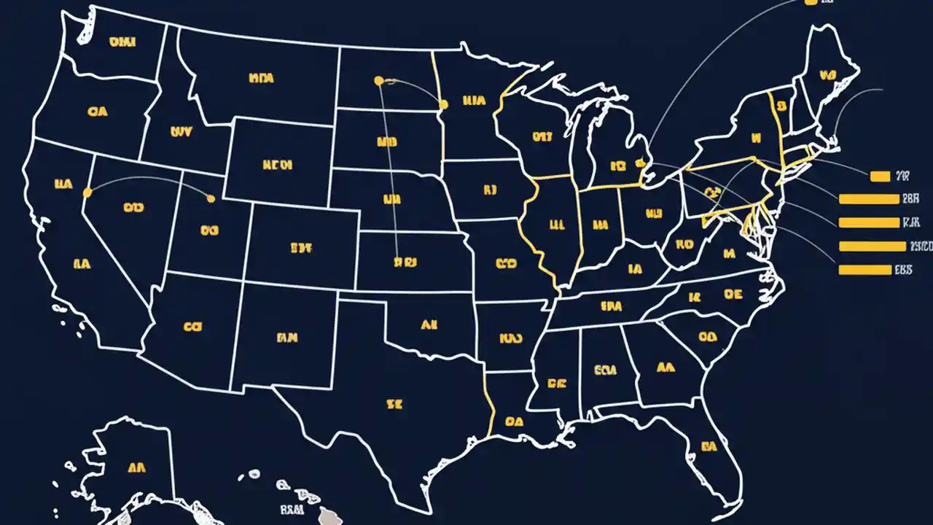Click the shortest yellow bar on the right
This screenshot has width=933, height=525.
pos(880,176)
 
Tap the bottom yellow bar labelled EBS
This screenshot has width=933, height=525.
pos(864,270)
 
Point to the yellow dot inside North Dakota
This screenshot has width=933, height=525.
pos(378,81)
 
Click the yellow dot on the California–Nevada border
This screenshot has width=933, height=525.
pos(87,192)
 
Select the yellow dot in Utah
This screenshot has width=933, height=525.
pos(211,198)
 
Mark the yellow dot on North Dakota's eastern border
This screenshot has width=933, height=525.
pos(442,105)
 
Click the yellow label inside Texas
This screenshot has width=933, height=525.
pos(394,402)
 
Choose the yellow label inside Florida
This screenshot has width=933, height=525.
pos(708,446)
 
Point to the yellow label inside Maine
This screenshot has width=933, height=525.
pos(827,74)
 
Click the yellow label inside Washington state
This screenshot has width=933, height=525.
pos(122,42)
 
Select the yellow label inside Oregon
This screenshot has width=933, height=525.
pos(97,112)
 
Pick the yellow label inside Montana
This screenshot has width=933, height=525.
pos(261,77)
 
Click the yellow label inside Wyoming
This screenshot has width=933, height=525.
pos(277,166)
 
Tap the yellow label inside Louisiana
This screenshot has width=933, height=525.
pos(514,421)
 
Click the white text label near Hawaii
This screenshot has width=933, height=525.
pos(292,508)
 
